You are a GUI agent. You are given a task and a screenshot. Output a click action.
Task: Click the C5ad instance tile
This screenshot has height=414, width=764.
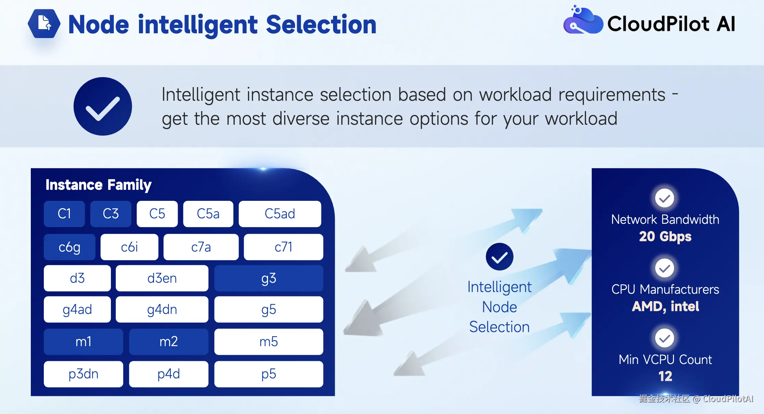[280, 214]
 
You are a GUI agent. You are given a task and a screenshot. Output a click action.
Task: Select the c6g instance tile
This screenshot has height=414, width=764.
[69, 247]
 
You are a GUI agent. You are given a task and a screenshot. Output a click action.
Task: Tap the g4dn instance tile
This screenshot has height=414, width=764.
[162, 309]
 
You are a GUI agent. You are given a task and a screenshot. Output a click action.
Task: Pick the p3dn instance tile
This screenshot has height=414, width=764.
[84, 374]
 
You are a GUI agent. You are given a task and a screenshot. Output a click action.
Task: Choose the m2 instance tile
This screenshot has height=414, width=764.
[168, 342]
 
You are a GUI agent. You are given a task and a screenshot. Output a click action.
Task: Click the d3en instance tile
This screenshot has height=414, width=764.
[162, 278]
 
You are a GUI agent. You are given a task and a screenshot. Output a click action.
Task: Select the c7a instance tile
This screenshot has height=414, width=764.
[201, 247]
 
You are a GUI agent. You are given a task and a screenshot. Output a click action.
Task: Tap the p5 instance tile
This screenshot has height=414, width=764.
[268, 374]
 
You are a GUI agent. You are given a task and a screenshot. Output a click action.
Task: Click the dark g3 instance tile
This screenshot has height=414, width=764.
[268, 278]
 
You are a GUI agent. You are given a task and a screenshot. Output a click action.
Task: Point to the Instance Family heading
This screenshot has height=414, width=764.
[99, 185]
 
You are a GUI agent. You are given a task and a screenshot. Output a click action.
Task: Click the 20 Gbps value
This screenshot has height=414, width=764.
[665, 236]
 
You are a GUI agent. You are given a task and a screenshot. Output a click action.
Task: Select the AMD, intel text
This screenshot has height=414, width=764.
[665, 306]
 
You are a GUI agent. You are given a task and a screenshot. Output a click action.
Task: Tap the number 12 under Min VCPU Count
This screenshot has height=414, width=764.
[665, 376]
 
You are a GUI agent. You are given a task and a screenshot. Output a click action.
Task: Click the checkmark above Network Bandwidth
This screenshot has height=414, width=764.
[664, 198]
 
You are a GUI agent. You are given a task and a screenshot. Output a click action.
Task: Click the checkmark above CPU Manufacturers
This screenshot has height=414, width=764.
[664, 268]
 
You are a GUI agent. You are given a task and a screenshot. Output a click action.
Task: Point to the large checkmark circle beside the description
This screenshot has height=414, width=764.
[103, 106]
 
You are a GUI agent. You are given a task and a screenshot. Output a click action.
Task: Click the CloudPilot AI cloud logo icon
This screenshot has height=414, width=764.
[583, 21]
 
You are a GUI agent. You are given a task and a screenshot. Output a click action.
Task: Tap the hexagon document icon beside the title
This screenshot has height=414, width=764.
[44, 23]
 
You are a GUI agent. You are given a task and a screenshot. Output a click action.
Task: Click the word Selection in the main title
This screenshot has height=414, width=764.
[321, 25]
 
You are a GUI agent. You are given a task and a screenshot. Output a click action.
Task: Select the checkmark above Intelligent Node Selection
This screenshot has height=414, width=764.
[499, 257]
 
